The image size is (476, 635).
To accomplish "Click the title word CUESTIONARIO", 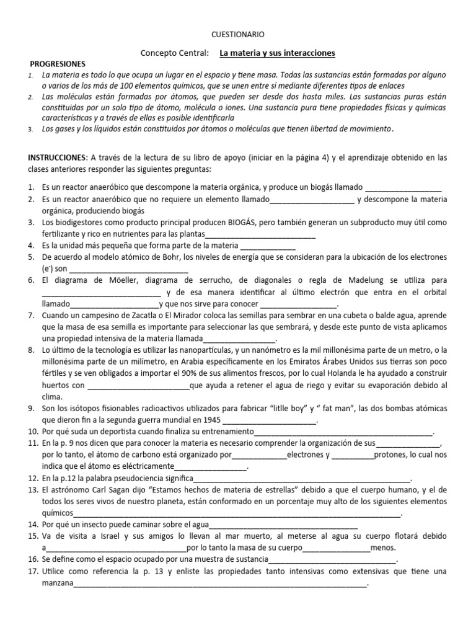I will point(237,36).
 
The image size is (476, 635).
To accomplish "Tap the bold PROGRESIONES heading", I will point(58,64).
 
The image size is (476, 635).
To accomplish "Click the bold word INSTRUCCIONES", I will point(55,158).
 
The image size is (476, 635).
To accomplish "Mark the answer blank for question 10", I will point(343,433).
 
